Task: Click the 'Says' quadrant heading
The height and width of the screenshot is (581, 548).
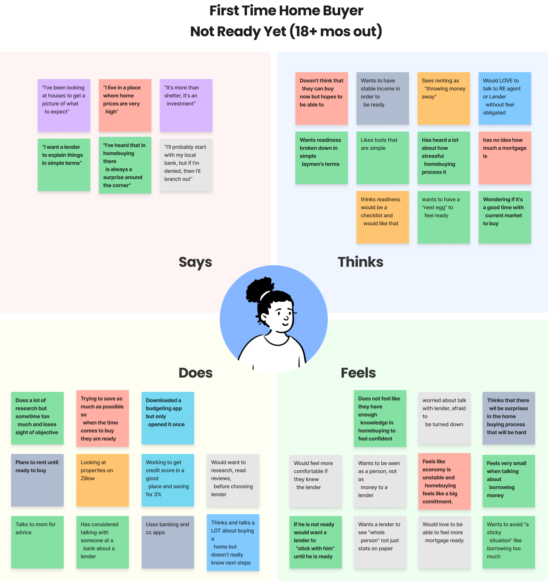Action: pyautogui.click(x=195, y=262)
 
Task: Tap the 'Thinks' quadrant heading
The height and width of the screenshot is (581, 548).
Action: pyautogui.click(x=360, y=262)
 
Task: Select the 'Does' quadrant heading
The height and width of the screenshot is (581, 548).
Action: pyautogui.click(x=196, y=373)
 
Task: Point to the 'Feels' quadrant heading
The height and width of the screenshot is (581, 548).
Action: pyautogui.click(x=358, y=373)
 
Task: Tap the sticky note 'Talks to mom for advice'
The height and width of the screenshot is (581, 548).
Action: pyautogui.click(x=37, y=542)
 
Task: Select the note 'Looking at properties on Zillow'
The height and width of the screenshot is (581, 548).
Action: pyautogui.click(x=103, y=480)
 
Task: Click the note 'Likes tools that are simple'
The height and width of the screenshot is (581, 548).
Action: pyautogui.click(x=382, y=157)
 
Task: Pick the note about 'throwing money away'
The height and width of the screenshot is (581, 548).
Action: pyautogui.click(x=444, y=98)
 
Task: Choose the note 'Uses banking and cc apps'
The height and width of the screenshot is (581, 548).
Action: pyautogui.click(x=168, y=542)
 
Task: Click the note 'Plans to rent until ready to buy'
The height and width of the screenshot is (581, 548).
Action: pyautogui.click(x=37, y=480)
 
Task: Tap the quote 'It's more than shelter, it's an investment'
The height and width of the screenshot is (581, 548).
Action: pyautogui.click(x=186, y=105)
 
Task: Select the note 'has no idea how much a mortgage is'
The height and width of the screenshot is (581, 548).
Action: pyautogui.click(x=505, y=157)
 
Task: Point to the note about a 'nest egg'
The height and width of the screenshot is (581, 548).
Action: pyautogui.click(x=444, y=217)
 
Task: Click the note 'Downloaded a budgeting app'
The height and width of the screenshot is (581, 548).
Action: pyautogui.click(x=168, y=418)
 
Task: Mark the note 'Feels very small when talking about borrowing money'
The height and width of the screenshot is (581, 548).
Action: pyautogui.click(x=509, y=481)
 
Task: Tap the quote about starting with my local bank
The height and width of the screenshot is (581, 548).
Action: pyautogui.click(x=186, y=165)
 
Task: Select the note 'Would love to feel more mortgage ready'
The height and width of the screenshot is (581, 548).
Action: pyautogui.click(x=444, y=542)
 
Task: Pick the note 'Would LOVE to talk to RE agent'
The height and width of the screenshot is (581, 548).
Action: pyautogui.click(x=505, y=98)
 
